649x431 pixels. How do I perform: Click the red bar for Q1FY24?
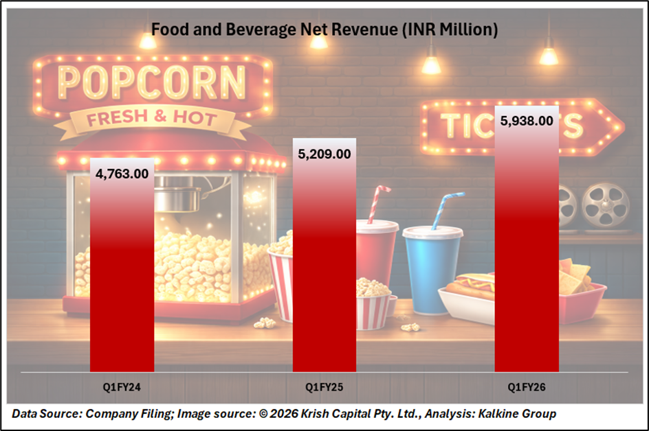122,275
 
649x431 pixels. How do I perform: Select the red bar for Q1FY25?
324,268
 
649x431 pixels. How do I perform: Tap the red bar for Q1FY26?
526,254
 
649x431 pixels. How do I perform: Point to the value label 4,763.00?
122,173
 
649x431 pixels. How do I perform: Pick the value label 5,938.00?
526,121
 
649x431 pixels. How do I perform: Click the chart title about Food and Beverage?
324,30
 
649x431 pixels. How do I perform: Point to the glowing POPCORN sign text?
152,82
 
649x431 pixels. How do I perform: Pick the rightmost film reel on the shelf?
605,205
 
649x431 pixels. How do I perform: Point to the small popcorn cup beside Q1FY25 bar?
374,309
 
